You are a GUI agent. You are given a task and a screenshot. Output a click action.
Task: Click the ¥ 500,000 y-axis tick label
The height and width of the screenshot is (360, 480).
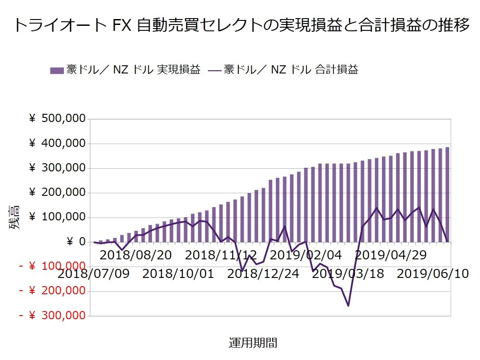(x=57, y=119)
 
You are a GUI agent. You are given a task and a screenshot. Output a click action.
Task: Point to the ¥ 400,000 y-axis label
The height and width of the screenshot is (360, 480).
(x=57, y=144)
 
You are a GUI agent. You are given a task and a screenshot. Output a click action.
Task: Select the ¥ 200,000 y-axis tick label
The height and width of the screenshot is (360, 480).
(x=57, y=193)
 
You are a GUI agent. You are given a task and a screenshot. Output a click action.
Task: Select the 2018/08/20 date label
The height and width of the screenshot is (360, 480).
(x=136, y=255)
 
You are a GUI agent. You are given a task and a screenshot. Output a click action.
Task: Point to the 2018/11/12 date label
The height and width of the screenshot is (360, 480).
(x=221, y=255)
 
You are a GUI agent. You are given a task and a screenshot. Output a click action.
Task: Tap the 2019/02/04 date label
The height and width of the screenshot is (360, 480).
(x=306, y=255)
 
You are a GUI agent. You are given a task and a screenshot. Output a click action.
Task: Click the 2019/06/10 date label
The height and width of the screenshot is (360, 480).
(x=433, y=274)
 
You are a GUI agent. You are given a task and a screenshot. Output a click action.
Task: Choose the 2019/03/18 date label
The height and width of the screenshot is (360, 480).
(x=348, y=274)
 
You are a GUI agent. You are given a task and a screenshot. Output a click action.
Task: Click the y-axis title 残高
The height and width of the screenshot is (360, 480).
(x=15, y=218)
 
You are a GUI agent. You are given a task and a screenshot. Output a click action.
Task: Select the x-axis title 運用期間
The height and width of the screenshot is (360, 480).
(x=253, y=343)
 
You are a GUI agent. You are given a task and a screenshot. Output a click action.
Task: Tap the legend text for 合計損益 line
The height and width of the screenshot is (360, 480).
(x=290, y=70)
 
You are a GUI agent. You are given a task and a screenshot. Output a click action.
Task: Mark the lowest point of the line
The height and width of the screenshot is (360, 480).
(x=348, y=306)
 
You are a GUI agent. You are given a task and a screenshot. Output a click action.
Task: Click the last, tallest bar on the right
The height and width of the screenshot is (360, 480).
(x=447, y=195)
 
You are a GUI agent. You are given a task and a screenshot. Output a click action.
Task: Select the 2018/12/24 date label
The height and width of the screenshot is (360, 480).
(x=263, y=274)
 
